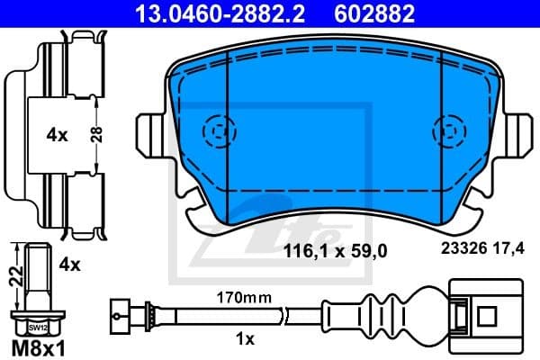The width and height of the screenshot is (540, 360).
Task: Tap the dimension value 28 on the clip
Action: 96,134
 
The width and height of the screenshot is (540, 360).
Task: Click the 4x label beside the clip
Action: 57,135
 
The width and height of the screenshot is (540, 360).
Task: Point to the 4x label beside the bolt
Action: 69,265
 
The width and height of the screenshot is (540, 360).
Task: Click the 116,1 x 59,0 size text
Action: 335,252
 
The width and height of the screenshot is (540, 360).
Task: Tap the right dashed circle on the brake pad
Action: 448,132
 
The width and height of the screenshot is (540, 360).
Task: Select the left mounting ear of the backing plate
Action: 151,134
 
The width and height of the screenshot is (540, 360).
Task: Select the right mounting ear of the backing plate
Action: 518,134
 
